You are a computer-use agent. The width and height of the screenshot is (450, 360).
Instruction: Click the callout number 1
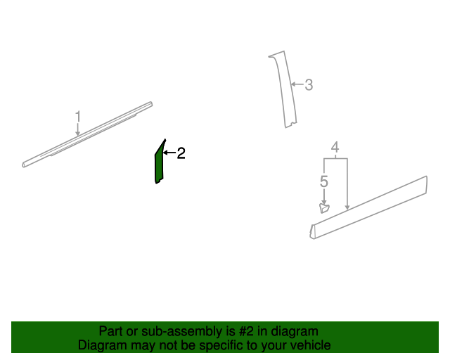[78, 116]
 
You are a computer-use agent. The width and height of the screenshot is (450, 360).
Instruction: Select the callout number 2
[181, 153]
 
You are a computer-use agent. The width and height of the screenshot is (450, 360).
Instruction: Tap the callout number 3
[308, 85]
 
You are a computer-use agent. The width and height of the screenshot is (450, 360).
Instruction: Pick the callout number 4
[335, 148]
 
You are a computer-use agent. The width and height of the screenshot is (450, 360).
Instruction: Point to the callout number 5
[323, 181]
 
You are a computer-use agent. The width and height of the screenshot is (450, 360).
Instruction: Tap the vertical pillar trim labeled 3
[282, 88]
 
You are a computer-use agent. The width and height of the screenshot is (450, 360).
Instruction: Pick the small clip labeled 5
[324, 207]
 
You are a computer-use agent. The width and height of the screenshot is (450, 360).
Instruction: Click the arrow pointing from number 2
[169, 153]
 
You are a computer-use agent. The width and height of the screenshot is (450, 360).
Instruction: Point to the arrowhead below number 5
[323, 202]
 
